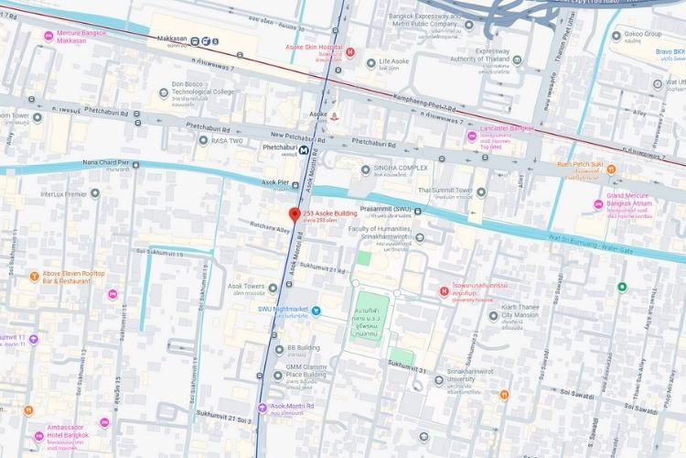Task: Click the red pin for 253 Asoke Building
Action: click(x=294, y=215)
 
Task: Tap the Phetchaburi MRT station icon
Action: click(x=304, y=149)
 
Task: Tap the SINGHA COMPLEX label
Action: click(x=401, y=169)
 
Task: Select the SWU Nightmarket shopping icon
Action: click(x=316, y=310)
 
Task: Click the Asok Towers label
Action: click(x=245, y=287)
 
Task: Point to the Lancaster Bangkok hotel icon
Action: click(x=471, y=136)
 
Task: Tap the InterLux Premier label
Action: click(x=70, y=194)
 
